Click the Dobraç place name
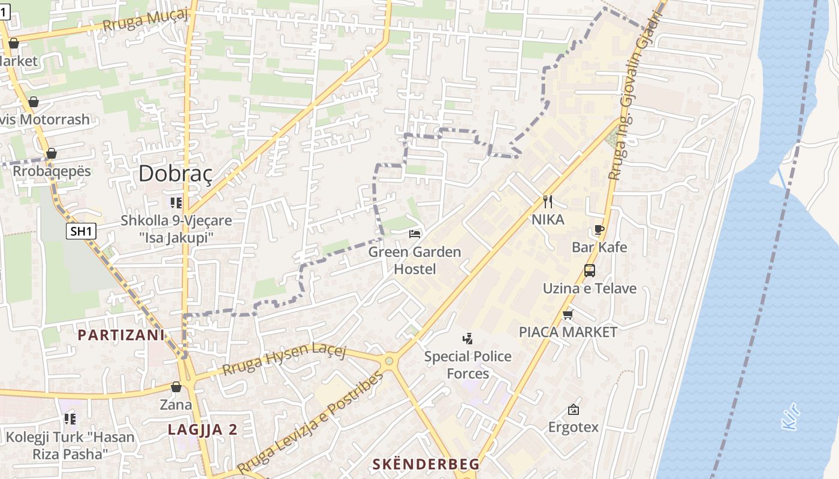176,174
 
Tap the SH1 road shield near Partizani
81,232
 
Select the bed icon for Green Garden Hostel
415,234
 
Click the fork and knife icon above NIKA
547,201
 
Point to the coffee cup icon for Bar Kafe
599,229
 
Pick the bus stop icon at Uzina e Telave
590,271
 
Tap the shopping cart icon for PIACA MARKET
568,314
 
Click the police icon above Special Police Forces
468,339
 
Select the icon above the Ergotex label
574,410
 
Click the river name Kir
792,417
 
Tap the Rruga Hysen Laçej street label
285,359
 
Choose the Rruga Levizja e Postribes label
309,423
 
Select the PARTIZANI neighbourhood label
121,335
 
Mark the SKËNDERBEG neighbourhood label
426,464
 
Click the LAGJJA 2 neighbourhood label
203,429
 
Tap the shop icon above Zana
176,387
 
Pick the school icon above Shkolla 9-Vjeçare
176,202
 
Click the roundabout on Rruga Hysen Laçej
389,361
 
